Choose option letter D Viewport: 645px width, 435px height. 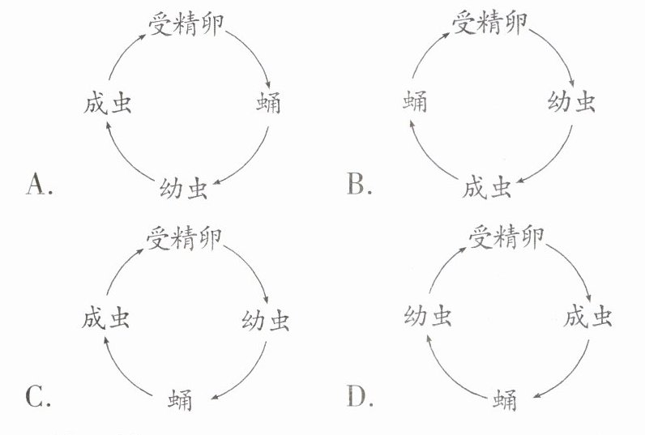(357, 397)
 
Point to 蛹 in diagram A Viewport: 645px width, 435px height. (268, 103)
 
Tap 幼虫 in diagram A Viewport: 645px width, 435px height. (184, 188)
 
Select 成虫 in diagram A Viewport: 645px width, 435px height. (107, 103)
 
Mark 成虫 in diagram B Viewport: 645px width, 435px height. (487, 188)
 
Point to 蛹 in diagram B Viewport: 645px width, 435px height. (414, 103)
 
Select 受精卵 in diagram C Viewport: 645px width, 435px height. (184, 237)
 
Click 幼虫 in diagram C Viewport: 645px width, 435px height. (266, 321)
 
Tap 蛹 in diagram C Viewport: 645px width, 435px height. (181, 400)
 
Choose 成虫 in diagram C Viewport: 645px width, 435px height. (105, 319)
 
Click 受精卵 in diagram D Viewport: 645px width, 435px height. (506, 237)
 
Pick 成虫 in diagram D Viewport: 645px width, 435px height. (588, 318)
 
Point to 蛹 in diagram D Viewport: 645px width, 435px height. (504, 400)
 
